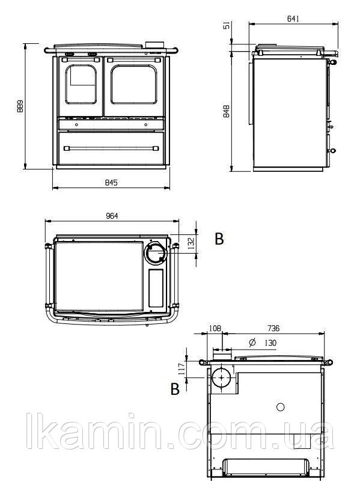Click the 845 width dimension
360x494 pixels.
(111, 183)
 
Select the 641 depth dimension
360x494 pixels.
(293, 19)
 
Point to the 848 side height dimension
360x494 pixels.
(226, 111)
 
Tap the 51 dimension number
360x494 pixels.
(226, 25)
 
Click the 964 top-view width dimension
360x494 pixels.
(112, 216)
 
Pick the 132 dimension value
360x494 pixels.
(191, 243)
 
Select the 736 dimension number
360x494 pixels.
(273, 328)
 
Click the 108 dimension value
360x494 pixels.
(215, 328)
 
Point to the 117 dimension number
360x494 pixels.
(181, 369)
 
